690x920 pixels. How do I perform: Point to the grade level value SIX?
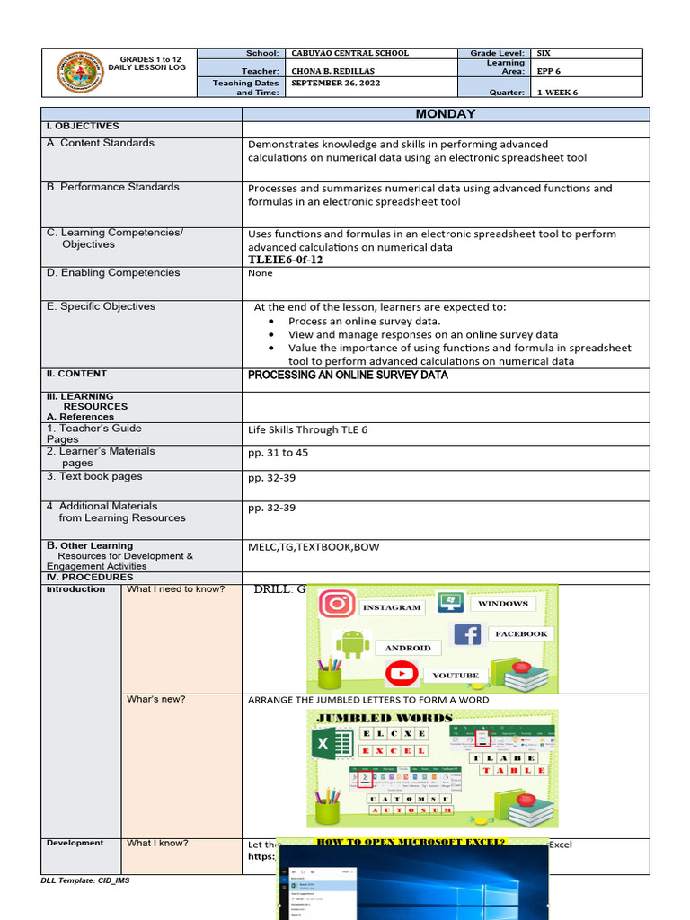click(544, 54)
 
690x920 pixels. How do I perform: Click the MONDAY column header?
click(445, 114)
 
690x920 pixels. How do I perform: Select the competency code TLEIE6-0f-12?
click(285, 260)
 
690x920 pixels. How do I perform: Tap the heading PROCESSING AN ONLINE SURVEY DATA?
click(348, 375)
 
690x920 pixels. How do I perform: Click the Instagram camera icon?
click(337, 604)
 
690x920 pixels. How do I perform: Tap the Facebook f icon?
click(467, 634)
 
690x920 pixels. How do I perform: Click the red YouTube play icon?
click(402, 673)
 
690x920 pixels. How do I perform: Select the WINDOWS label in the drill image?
click(503, 604)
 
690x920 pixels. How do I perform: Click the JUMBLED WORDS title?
click(380, 718)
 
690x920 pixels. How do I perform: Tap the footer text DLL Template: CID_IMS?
click(85, 880)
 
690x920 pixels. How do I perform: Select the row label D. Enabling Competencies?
click(113, 273)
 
